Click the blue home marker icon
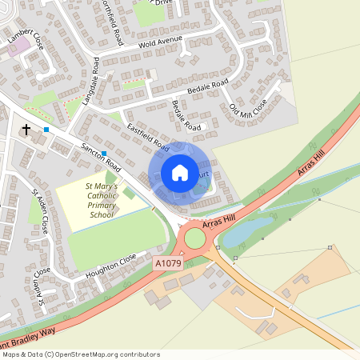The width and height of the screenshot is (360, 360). (x=180, y=172)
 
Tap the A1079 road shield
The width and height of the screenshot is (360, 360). (x=167, y=262)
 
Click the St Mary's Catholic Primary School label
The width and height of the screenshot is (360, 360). (x=102, y=200)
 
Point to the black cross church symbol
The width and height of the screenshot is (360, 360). (x=26, y=130)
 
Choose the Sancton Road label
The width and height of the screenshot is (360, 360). (x=100, y=156)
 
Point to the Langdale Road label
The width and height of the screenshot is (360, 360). (x=90, y=82)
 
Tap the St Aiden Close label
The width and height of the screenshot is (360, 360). (x=41, y=210)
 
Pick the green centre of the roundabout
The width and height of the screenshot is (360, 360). (x=194, y=238)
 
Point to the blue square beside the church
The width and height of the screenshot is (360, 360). (x=46, y=130)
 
